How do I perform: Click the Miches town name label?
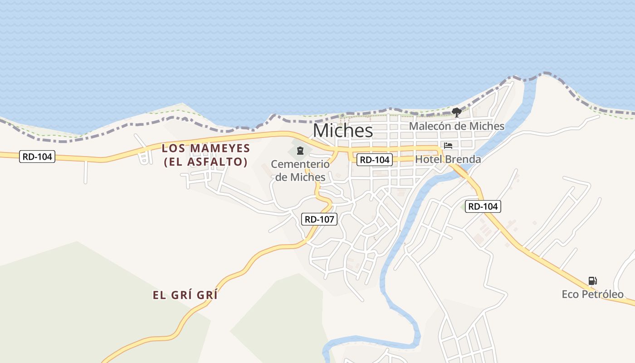(x=343, y=131)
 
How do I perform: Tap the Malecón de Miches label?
(x=457, y=126)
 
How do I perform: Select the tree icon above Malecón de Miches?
(x=457, y=112)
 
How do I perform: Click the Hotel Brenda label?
(x=448, y=159)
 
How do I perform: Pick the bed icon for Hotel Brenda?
(x=448, y=146)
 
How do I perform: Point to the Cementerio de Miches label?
(x=300, y=170)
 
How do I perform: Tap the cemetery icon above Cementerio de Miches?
(x=300, y=150)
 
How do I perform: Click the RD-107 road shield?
(x=319, y=220)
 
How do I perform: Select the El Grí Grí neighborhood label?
(x=185, y=295)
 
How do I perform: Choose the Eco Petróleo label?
(x=593, y=294)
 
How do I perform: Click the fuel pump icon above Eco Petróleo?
(x=592, y=281)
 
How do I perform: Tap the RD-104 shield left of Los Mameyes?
(x=38, y=157)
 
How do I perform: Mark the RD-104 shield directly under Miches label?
(x=374, y=160)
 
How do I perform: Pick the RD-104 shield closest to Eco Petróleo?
(x=483, y=206)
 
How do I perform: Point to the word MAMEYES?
(x=220, y=148)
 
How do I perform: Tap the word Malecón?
(x=429, y=126)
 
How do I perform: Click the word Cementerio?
(x=300, y=164)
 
